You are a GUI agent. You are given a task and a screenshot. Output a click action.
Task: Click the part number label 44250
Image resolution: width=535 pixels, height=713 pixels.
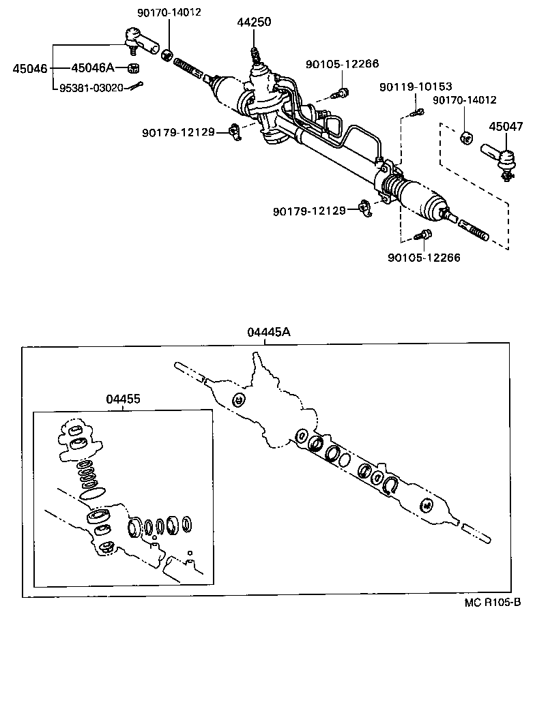click(x=254, y=22)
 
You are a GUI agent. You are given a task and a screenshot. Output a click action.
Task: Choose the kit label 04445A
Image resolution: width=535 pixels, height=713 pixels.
click(x=269, y=332)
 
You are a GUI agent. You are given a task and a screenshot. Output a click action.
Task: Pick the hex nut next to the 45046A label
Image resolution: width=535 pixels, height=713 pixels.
click(x=135, y=67)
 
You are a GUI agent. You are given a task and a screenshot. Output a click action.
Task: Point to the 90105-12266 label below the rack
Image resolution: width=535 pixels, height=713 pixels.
click(x=423, y=258)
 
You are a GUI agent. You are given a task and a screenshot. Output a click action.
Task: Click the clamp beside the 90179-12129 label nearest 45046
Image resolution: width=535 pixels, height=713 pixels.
click(x=235, y=130)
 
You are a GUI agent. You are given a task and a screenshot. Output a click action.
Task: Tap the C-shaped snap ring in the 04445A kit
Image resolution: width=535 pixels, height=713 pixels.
click(x=391, y=484)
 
